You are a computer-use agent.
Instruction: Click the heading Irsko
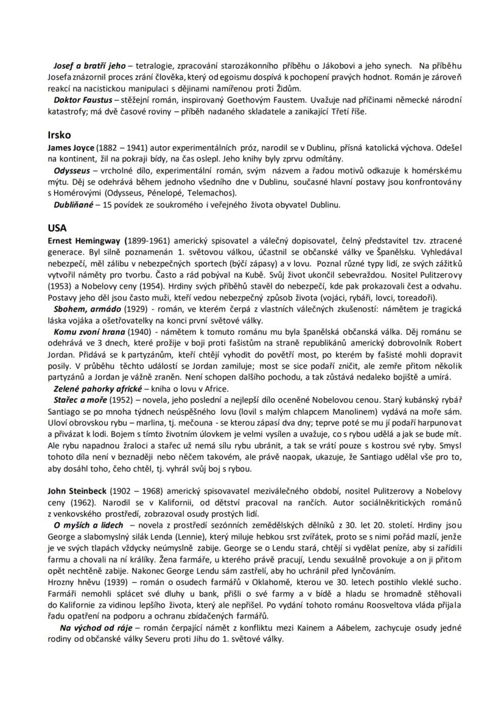pos(60,135)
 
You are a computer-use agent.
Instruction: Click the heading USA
pos(57,228)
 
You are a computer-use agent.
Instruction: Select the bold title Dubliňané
pos(73,205)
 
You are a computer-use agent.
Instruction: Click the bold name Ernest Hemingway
pos(85,240)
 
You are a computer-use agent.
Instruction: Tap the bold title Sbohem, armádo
pos(86,309)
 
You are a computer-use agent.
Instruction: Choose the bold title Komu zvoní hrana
pos(89,332)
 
